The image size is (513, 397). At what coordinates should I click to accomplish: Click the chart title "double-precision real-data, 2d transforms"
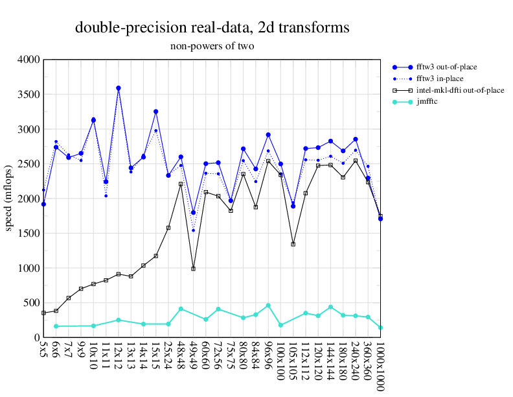coord(212,27)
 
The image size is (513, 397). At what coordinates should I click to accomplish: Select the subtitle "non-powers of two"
coord(212,46)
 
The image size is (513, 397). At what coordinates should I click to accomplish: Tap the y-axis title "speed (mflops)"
coord(9,198)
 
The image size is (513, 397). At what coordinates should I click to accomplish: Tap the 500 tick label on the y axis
coord(32,303)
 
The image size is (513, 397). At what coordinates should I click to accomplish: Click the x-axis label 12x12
coord(119,356)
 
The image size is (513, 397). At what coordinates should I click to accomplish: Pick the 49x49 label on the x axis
coord(194,356)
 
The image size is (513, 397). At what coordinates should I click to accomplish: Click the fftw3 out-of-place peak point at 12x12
coord(119,88)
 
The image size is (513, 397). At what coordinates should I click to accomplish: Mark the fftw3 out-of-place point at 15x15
coord(156,112)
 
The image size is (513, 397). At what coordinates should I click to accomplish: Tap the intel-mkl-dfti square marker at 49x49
coord(194,269)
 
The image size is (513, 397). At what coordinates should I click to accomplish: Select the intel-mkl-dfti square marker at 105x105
coord(293,244)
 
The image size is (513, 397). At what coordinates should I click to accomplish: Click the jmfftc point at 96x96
coord(268,306)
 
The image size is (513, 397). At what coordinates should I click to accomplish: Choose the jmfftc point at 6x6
coord(56,326)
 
